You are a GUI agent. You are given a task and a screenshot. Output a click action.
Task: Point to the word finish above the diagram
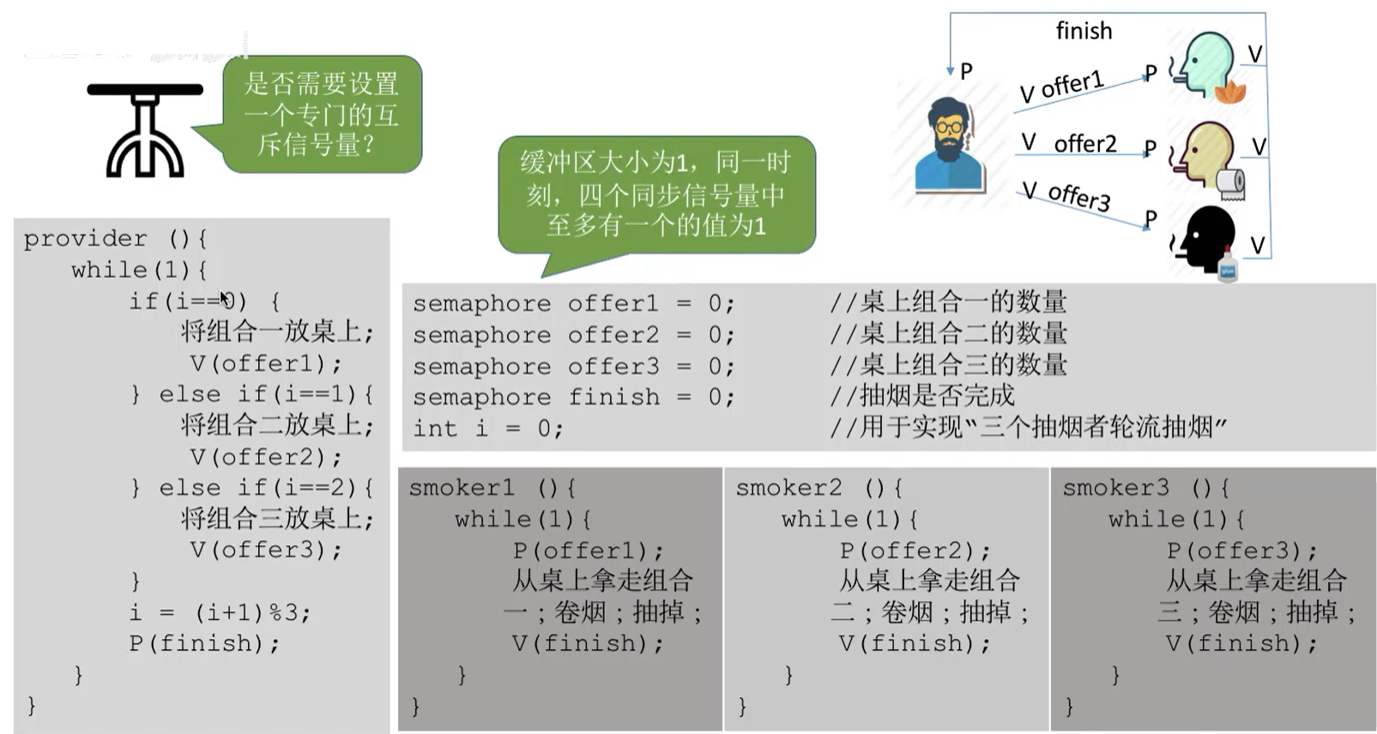click(1084, 32)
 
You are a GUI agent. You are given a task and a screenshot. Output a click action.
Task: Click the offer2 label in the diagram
click(1084, 144)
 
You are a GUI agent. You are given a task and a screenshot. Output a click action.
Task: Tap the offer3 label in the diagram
click(1079, 196)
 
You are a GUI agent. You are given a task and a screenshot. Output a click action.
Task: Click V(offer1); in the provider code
click(266, 364)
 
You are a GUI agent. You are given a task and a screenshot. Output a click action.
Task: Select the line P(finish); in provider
click(204, 643)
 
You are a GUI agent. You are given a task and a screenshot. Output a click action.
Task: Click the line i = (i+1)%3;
click(220, 612)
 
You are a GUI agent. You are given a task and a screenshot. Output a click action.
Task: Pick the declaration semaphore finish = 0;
click(573, 397)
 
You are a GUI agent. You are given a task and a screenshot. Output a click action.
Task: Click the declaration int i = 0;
click(487, 428)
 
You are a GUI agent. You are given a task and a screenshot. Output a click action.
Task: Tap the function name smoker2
click(788, 488)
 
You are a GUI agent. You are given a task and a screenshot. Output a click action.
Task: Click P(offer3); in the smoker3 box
click(1241, 550)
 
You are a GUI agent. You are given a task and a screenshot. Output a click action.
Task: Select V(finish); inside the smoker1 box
click(588, 643)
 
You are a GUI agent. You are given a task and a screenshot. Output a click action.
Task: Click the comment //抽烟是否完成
click(922, 395)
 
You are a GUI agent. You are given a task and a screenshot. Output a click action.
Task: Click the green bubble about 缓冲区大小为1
click(656, 195)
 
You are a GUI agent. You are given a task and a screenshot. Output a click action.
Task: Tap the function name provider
click(85, 238)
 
